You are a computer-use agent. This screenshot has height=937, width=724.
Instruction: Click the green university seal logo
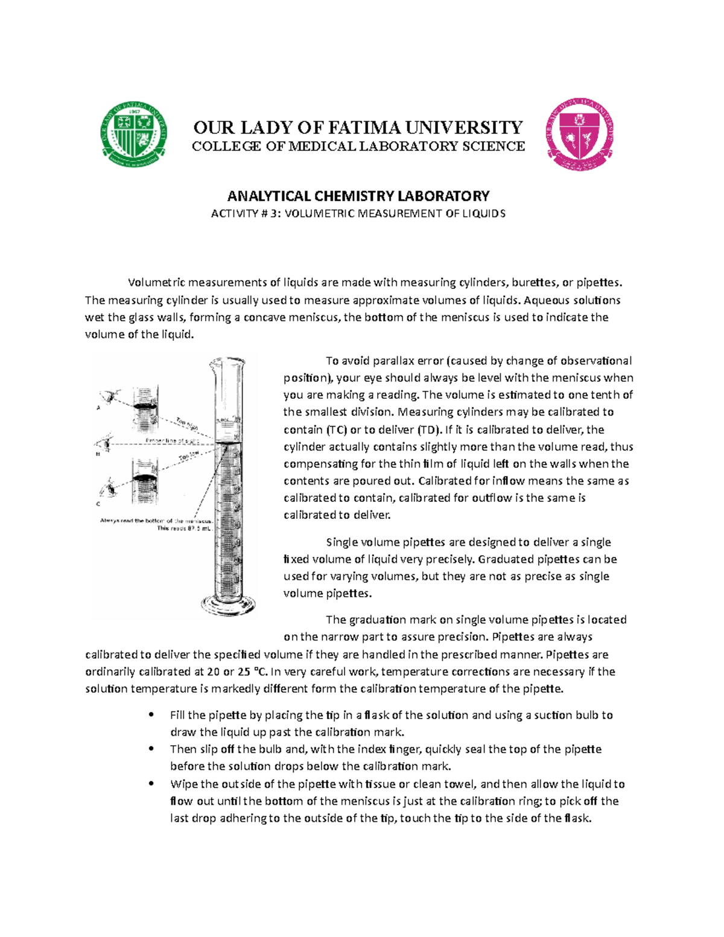[133, 134]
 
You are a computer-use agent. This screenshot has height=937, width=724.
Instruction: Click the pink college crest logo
[579, 135]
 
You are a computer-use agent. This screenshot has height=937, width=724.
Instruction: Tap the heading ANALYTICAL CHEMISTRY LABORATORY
[358, 196]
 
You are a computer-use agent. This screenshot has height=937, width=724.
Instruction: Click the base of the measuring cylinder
[228, 605]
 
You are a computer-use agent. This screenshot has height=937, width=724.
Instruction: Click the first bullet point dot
[151, 715]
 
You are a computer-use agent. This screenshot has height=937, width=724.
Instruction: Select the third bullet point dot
[151, 784]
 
